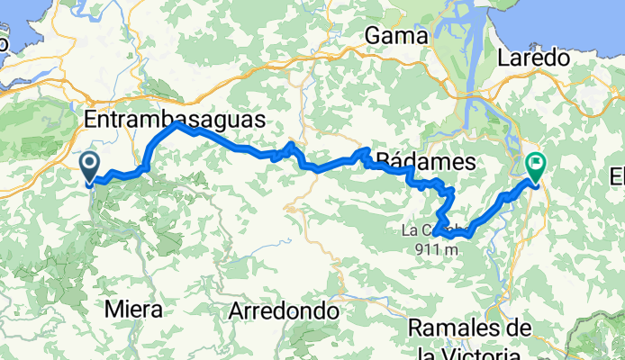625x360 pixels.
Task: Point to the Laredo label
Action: click(x=533, y=58)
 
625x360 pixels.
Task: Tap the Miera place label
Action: click(x=134, y=310)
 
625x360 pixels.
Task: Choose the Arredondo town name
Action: click(x=284, y=311)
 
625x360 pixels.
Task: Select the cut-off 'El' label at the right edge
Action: click(x=617, y=174)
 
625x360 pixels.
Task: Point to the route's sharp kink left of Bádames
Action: click(x=367, y=151)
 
